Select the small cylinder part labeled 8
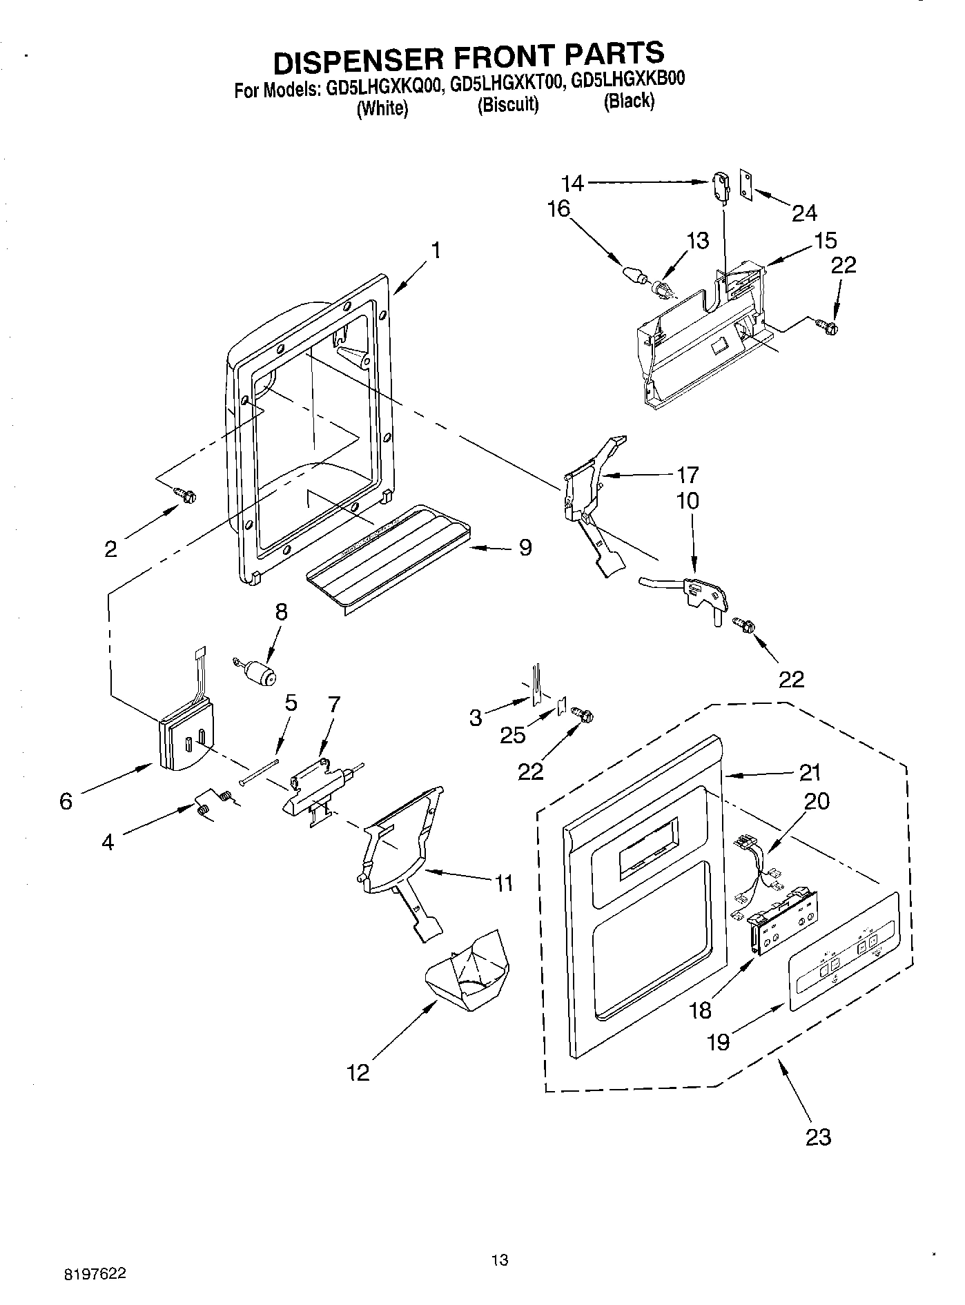tap(260, 672)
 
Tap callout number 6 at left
tap(66, 801)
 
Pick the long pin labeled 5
tap(260, 771)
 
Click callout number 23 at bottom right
tap(818, 1136)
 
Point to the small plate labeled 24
tap(746, 184)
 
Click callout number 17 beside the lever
tap(688, 475)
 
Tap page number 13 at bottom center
tap(499, 1259)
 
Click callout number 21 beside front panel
tap(810, 772)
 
